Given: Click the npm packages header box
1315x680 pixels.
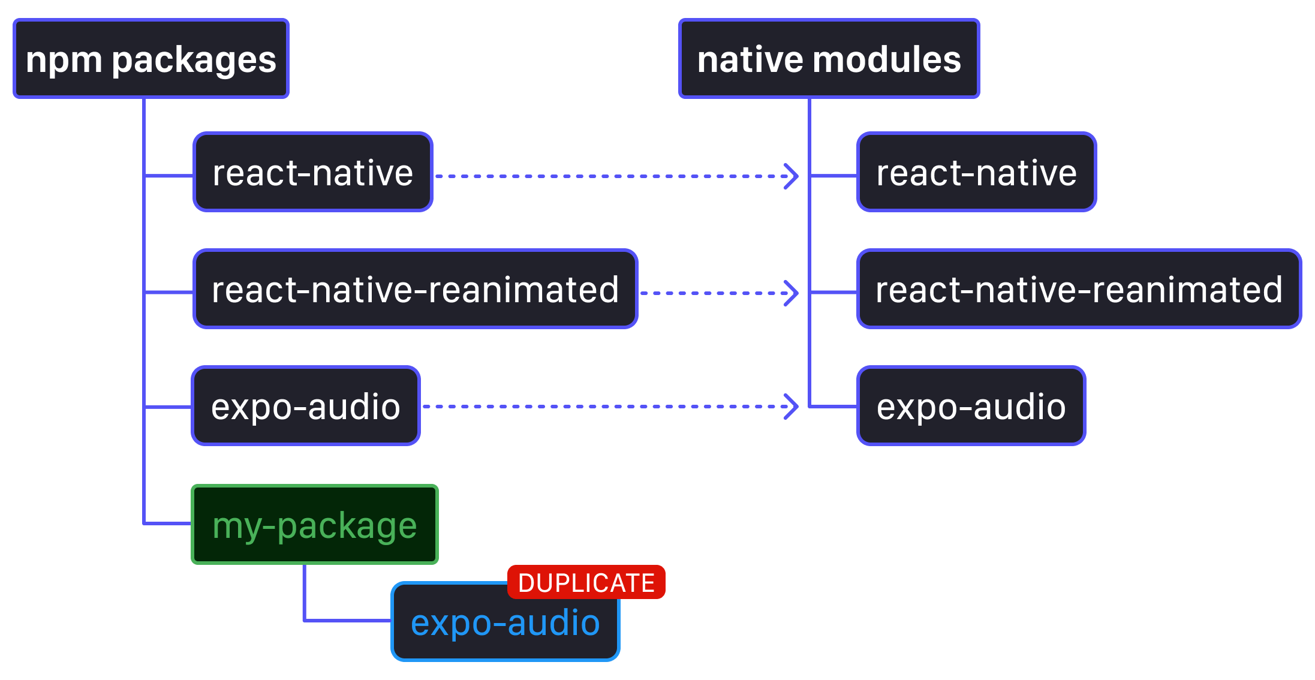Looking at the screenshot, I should pos(151,59).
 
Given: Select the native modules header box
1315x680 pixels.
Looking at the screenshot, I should pos(829,59).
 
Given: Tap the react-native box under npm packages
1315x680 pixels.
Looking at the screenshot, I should pos(312,173).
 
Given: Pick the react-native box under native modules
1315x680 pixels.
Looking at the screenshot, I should pos(976,173).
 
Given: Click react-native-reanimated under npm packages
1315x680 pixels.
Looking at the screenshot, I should pos(415,290).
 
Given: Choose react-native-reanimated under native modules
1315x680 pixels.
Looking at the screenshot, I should pos(1079,290).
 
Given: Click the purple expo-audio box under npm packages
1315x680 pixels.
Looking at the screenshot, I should pos(305,407).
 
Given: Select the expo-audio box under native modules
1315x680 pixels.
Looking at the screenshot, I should pos(971,407).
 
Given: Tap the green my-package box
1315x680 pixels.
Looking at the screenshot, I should pos(315,525).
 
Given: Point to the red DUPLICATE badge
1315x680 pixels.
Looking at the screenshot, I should pos(586,582).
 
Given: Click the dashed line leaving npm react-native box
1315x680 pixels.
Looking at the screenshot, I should pos(600,176).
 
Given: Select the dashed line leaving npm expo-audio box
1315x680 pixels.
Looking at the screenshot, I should pos(600,407).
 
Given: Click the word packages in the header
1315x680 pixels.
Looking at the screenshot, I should pos(194,60).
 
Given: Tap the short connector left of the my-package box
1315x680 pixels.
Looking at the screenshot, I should pos(168,523).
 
